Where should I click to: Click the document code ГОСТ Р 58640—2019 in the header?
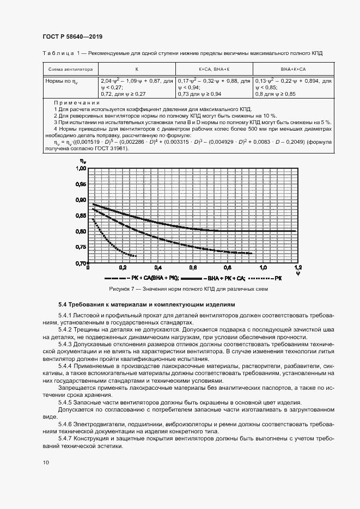(x=72, y=37)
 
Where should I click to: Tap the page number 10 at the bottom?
(x=45, y=462)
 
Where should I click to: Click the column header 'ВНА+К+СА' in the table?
(x=293, y=70)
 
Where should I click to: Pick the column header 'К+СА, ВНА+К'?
(x=214, y=70)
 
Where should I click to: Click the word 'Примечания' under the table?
(x=76, y=102)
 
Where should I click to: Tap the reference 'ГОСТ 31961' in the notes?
(x=112, y=148)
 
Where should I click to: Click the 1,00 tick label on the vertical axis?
(x=80, y=169)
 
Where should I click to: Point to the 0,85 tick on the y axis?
(x=80, y=216)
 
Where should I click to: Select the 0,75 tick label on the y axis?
(x=80, y=248)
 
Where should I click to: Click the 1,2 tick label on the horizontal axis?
(x=297, y=268)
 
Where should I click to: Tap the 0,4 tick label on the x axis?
(x=157, y=268)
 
